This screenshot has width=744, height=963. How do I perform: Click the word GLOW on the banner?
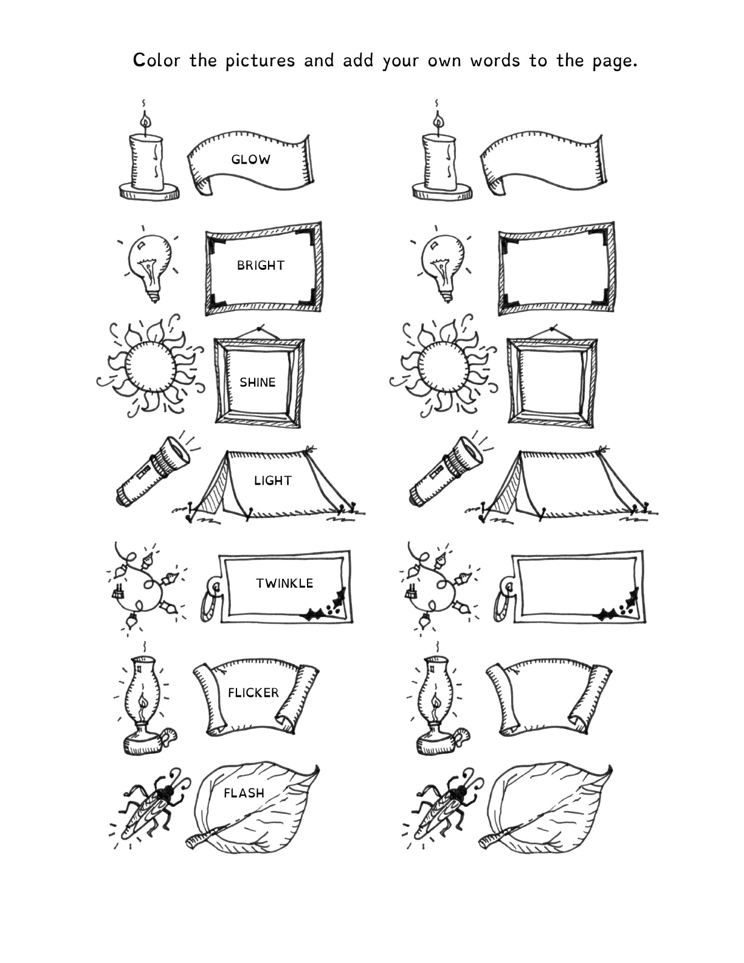250,160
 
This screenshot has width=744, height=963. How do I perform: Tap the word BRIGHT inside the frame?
261,266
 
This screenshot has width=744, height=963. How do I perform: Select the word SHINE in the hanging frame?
257,382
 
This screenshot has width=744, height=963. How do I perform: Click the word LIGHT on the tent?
272,481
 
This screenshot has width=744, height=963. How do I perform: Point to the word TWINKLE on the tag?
284,584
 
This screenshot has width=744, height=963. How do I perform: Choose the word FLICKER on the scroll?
253,693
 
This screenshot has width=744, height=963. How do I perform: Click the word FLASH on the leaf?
244,793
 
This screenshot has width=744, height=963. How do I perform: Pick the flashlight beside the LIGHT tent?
153,471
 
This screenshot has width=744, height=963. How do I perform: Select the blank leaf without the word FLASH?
547,809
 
